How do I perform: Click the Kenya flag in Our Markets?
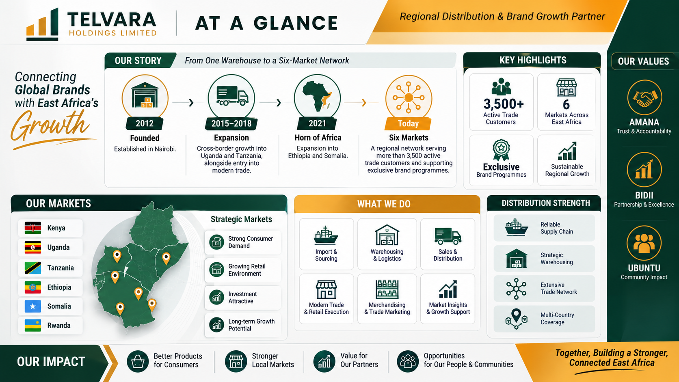[x=33, y=228]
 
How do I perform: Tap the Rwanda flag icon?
[x=33, y=325]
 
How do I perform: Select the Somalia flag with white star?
[x=33, y=306]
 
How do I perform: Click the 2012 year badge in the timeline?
[x=145, y=123]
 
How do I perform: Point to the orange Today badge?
[x=408, y=123]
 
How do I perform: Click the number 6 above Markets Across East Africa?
[x=566, y=104]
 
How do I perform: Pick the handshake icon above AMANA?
[x=644, y=97]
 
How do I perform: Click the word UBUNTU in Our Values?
[x=644, y=268]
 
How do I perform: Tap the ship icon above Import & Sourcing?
[x=326, y=235]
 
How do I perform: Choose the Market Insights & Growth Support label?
[x=448, y=309]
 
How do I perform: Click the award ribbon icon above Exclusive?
[x=501, y=150]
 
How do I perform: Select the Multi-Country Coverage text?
[x=557, y=318]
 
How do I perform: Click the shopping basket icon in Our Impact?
[x=138, y=361]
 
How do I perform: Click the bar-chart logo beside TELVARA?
[x=42, y=24]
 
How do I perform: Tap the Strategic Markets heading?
[x=241, y=219]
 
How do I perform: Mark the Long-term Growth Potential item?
[x=242, y=325]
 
